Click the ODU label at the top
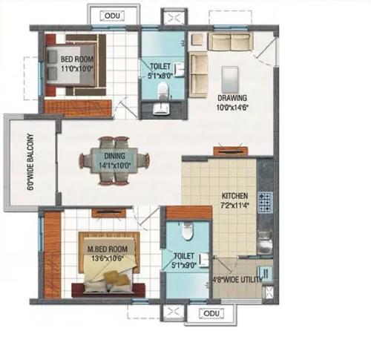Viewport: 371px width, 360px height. pos(111,16)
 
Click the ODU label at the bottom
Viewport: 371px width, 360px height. pos(211,313)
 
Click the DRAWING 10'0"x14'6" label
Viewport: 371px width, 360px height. pos(232,102)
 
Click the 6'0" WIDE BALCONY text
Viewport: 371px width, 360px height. pos(30,163)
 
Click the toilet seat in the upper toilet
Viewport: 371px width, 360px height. pos(170,91)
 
